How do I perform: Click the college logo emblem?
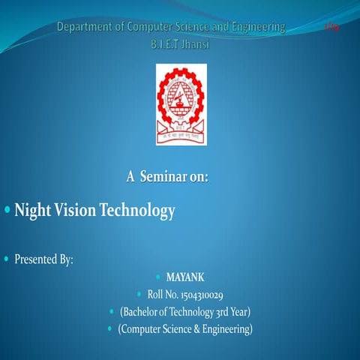(180, 103)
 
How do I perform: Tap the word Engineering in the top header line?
(256, 27)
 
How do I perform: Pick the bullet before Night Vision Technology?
(7, 210)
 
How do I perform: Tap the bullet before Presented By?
(7, 259)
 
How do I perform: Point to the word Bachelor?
(142, 311)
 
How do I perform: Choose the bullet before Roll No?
(140, 294)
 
